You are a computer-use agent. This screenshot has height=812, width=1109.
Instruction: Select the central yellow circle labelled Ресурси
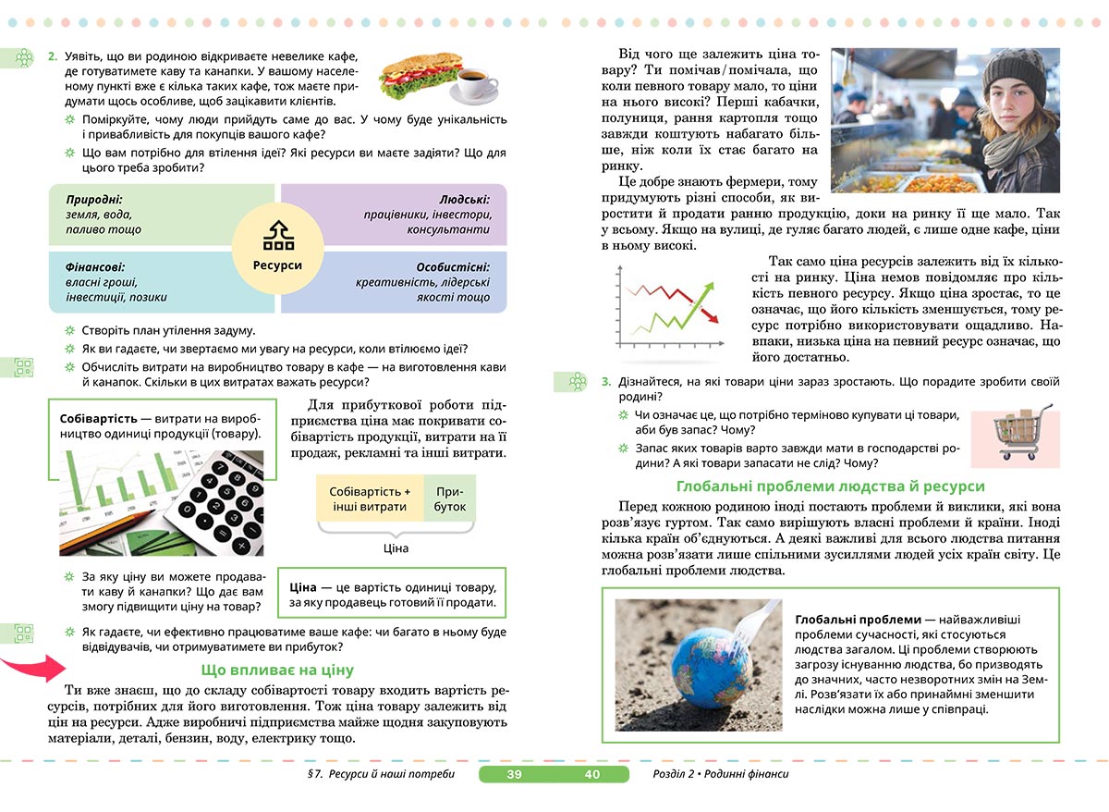pyautogui.click(x=277, y=249)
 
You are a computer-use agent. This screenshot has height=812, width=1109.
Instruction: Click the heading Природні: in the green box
pyautogui.click(x=94, y=199)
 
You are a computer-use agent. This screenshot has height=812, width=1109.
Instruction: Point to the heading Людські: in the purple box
pyautogui.click(x=465, y=199)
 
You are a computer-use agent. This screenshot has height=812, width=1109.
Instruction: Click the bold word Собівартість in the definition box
pyautogui.click(x=98, y=418)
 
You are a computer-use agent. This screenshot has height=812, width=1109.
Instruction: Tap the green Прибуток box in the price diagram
pyautogui.click(x=450, y=499)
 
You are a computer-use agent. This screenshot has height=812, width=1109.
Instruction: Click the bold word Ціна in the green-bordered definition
pyautogui.click(x=303, y=587)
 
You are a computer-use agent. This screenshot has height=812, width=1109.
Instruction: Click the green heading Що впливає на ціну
pyautogui.click(x=277, y=670)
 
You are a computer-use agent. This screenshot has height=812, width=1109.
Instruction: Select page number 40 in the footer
pyautogui.click(x=592, y=774)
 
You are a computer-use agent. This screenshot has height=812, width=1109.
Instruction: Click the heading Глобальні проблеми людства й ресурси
pyautogui.click(x=831, y=486)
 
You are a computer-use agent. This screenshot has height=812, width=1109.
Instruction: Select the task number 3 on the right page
pyautogui.click(x=606, y=381)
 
